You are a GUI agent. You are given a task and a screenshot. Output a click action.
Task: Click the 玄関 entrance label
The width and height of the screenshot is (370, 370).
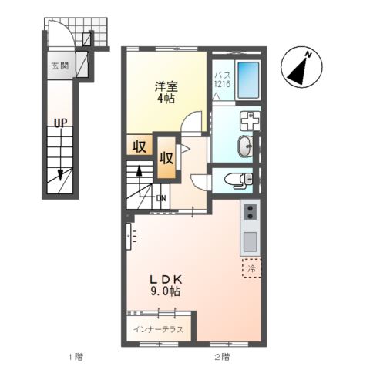point(60,66)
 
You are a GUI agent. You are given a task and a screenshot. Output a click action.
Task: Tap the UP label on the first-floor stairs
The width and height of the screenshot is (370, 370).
point(60,122)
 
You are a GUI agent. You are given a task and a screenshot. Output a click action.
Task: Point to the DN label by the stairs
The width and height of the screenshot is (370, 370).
point(161,198)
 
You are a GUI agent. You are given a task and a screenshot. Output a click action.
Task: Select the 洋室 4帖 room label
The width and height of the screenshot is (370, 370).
point(166,92)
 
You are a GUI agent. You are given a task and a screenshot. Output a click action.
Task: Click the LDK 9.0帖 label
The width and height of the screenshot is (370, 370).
point(166,285)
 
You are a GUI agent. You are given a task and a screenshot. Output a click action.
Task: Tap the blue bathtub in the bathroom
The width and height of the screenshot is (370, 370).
point(248,79)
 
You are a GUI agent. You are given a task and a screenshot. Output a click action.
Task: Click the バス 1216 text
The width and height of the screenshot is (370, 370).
point(223,79)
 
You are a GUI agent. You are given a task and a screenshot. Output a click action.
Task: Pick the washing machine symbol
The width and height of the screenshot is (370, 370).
point(250,121)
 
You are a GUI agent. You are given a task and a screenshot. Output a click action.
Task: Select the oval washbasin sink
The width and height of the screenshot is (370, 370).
point(245,146)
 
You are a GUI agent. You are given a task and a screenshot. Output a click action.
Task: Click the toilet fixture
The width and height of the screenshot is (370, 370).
point(239,179)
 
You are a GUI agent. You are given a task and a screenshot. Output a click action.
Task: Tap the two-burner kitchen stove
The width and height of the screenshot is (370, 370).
point(250,212)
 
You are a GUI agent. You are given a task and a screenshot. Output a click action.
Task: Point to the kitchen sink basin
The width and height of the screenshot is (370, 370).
point(250,242)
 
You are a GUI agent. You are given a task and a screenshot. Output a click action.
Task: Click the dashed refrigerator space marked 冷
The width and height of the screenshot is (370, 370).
point(252,268)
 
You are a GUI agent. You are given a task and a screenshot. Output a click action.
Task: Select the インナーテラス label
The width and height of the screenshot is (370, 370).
point(158,329)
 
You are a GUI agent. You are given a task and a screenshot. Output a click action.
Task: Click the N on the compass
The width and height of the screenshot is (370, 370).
point(308,55)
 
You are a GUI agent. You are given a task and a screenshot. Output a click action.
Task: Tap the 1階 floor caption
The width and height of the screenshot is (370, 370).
point(76,356)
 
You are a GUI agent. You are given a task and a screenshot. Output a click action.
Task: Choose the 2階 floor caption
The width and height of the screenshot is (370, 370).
point(222,356)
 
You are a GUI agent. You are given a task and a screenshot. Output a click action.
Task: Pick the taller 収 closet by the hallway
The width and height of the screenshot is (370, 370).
point(166,158)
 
